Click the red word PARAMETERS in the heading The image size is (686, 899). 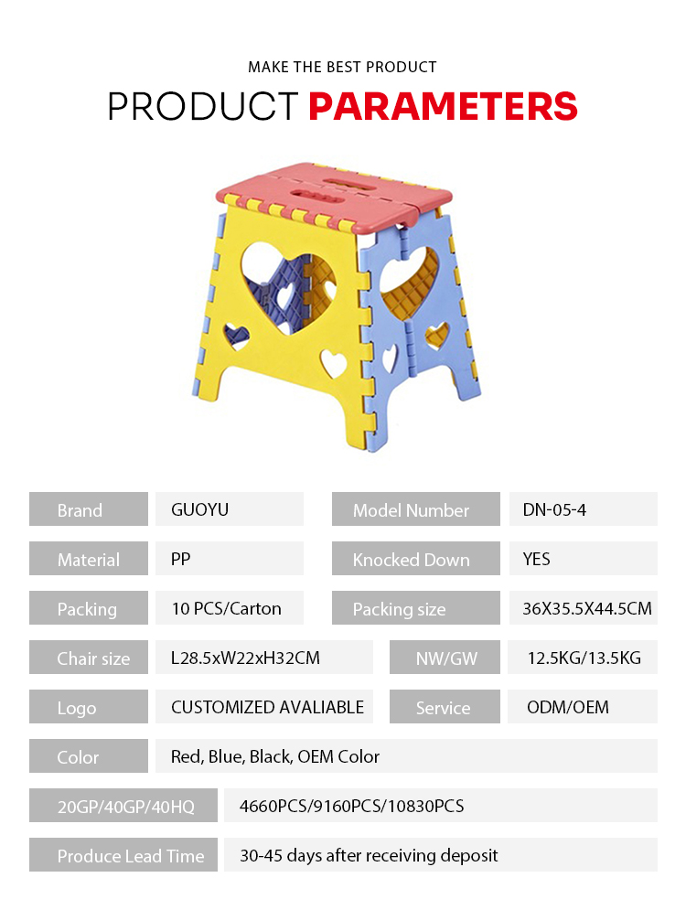click(x=443, y=106)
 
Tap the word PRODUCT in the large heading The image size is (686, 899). click(x=203, y=106)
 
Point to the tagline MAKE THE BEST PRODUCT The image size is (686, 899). click(x=342, y=67)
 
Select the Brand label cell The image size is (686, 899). click(x=89, y=509)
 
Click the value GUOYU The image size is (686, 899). click(x=199, y=509)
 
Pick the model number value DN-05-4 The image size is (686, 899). click(x=554, y=509)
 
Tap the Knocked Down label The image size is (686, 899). click(x=411, y=559)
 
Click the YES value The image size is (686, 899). click(x=536, y=559)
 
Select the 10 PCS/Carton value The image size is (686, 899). click(x=227, y=608)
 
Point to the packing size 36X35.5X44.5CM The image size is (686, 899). click(x=587, y=608)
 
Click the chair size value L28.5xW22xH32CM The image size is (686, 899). click(x=245, y=658)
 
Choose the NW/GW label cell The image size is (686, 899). click(x=445, y=657)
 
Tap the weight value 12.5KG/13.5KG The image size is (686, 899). click(x=584, y=658)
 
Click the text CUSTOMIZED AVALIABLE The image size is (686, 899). click(x=267, y=707)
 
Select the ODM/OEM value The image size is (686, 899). click(x=568, y=707)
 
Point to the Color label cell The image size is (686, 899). click(x=89, y=755)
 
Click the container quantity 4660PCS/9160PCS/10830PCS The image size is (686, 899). click(x=351, y=806)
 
